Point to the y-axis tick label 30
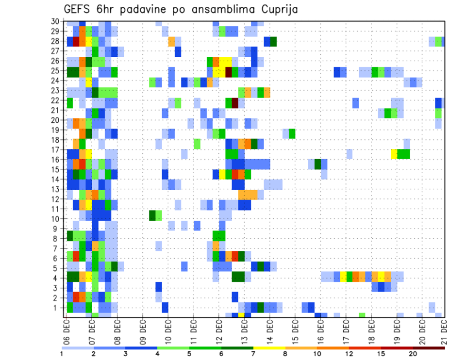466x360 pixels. [55, 21]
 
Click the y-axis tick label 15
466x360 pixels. [55, 170]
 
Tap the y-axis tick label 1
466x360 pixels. [57, 308]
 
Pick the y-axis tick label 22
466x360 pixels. [55, 100]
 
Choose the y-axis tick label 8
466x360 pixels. [57, 238]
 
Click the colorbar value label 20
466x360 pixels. [413, 354]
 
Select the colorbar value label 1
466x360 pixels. [62, 354]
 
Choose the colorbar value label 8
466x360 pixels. [285, 354]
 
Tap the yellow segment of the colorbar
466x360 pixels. [269, 348]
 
